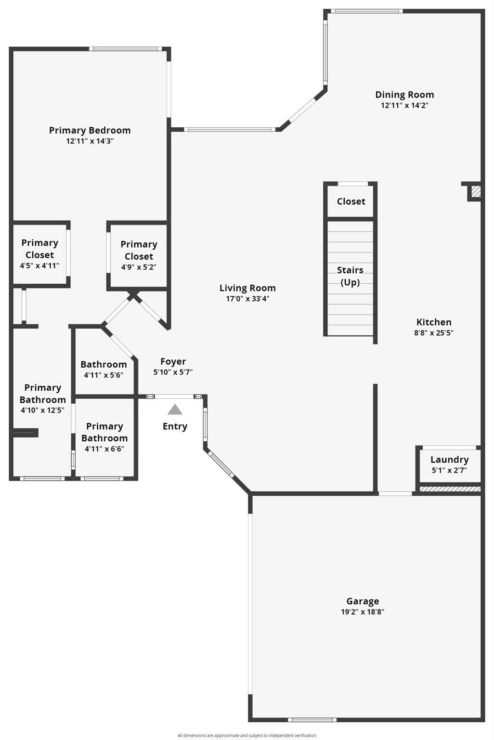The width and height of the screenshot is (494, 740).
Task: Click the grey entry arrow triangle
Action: pos(175,410)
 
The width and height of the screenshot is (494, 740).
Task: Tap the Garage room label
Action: pos(363,601)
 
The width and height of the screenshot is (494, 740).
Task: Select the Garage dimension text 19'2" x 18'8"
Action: pos(363,612)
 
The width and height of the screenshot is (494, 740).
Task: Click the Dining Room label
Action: pos(404,95)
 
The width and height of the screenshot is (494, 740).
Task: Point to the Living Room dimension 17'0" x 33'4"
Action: pos(247,299)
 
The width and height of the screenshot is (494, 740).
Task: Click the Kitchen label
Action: pos(434,322)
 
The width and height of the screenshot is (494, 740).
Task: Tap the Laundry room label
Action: pos(449,460)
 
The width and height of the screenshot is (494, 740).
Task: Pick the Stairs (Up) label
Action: pos(350,276)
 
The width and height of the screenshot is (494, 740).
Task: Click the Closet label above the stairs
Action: pos(351,201)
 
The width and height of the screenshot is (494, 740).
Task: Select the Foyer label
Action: pos(173,362)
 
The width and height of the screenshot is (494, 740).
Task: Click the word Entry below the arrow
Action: pos(175,426)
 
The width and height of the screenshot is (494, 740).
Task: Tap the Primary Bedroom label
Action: pos(90,131)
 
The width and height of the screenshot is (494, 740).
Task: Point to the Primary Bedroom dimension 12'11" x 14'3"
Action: pos(90,141)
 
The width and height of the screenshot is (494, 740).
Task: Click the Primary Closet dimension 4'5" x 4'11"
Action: pos(39,265)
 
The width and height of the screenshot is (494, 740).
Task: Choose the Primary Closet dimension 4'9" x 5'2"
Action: pos(139,267)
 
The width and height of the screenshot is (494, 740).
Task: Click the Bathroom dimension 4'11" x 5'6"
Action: pos(104,375)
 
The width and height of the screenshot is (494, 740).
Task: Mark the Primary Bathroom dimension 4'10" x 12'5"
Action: pos(42,410)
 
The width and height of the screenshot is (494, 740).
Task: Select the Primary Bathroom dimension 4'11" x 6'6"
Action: pos(104,449)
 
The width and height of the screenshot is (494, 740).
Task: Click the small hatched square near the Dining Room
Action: pos(476,192)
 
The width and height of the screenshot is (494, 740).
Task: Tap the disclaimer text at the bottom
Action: pos(247,735)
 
